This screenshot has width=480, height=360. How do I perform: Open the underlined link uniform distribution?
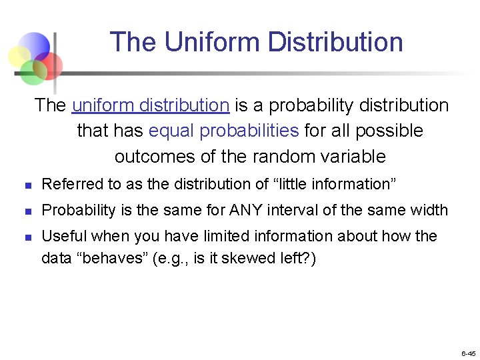[x=151, y=105]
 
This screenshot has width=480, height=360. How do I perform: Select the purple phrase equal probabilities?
[x=224, y=131]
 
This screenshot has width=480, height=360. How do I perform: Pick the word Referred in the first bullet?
[x=66, y=184]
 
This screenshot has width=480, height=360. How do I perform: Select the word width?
[x=429, y=211]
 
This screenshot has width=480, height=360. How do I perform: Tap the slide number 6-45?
[x=467, y=353]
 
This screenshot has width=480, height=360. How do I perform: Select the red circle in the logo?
[x=49, y=65]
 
